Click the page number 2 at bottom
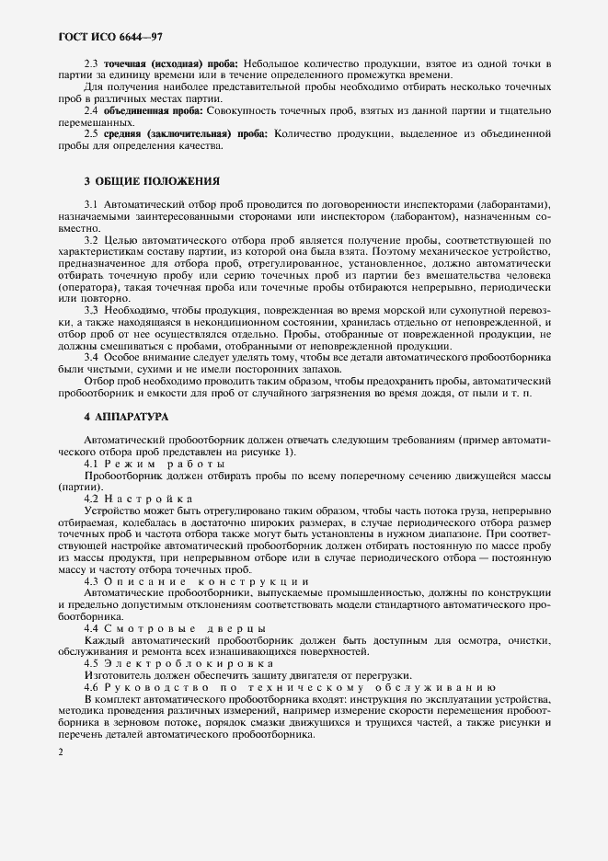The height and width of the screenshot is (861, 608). pyautogui.click(x=61, y=752)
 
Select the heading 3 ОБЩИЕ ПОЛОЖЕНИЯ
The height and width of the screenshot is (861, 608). pyautogui.click(x=153, y=180)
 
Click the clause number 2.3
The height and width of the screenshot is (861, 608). pyautogui.click(x=91, y=63)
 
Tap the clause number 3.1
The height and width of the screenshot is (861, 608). pyautogui.click(x=91, y=204)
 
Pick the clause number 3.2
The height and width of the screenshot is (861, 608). pyautogui.click(x=91, y=240)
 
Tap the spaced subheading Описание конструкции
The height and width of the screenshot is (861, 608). pyautogui.click(x=207, y=582)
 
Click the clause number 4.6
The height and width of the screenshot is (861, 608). pyautogui.click(x=91, y=687)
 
